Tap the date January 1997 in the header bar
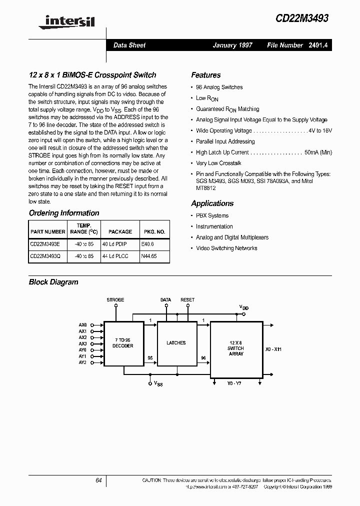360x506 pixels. point(232,45)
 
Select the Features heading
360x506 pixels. point(205,75)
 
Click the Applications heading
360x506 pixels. point(212,203)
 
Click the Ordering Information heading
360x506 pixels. point(64,213)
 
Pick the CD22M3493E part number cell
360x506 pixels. point(45,244)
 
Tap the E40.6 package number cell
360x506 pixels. point(148,244)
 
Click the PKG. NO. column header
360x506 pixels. point(154,232)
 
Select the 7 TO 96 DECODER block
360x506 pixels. point(123,343)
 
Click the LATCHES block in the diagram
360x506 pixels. point(176,343)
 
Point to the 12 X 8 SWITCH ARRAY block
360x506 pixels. point(236,348)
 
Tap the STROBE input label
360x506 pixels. point(115,300)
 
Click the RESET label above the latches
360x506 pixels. point(187,300)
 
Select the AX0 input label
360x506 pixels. point(82,324)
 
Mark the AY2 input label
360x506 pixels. point(82,362)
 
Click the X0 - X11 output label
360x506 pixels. point(273,349)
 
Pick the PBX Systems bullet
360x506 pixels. point(212,216)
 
